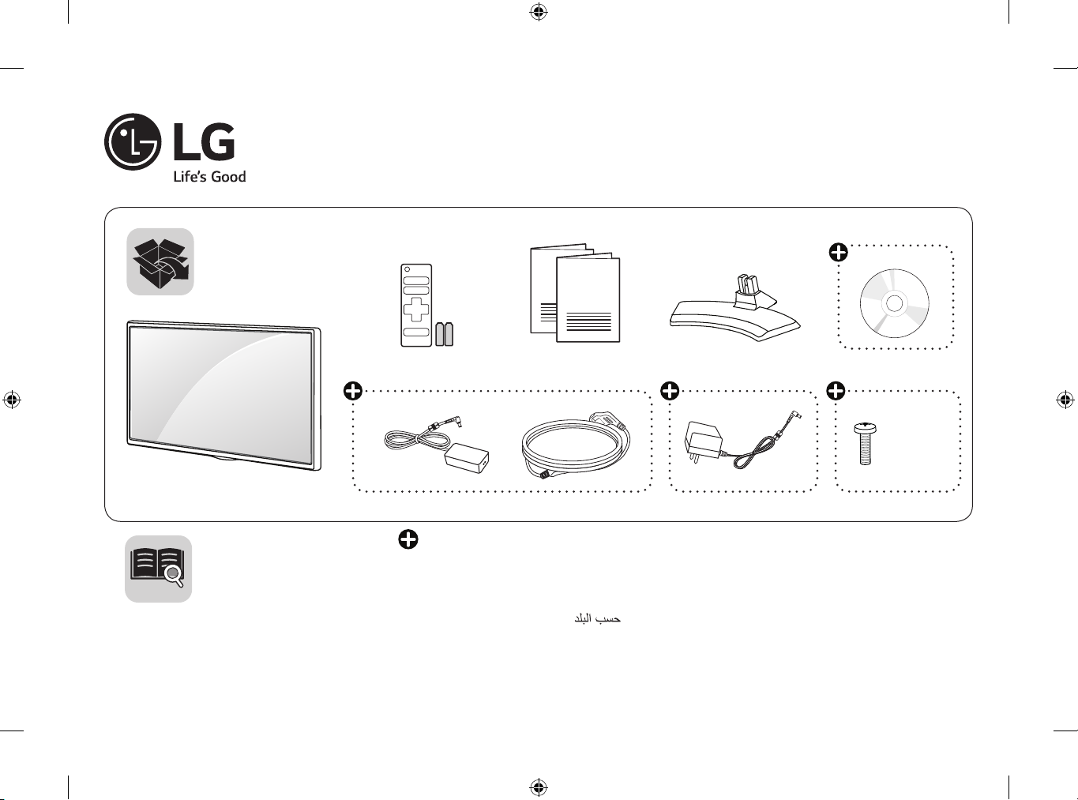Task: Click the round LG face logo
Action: point(133,142)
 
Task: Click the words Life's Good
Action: point(209,177)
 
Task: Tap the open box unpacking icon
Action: point(160,262)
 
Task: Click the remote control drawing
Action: point(416,305)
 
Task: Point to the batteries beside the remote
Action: point(445,333)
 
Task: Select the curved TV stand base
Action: point(734,311)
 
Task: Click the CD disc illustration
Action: point(894,303)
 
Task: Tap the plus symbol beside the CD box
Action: point(839,253)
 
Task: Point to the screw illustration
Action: point(865,443)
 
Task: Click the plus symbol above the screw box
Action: point(836,390)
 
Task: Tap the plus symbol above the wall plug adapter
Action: point(670,390)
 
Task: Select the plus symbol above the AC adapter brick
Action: point(353,390)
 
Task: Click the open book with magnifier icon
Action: point(158,569)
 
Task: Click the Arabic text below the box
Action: point(597,618)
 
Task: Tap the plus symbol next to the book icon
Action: point(408,539)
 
